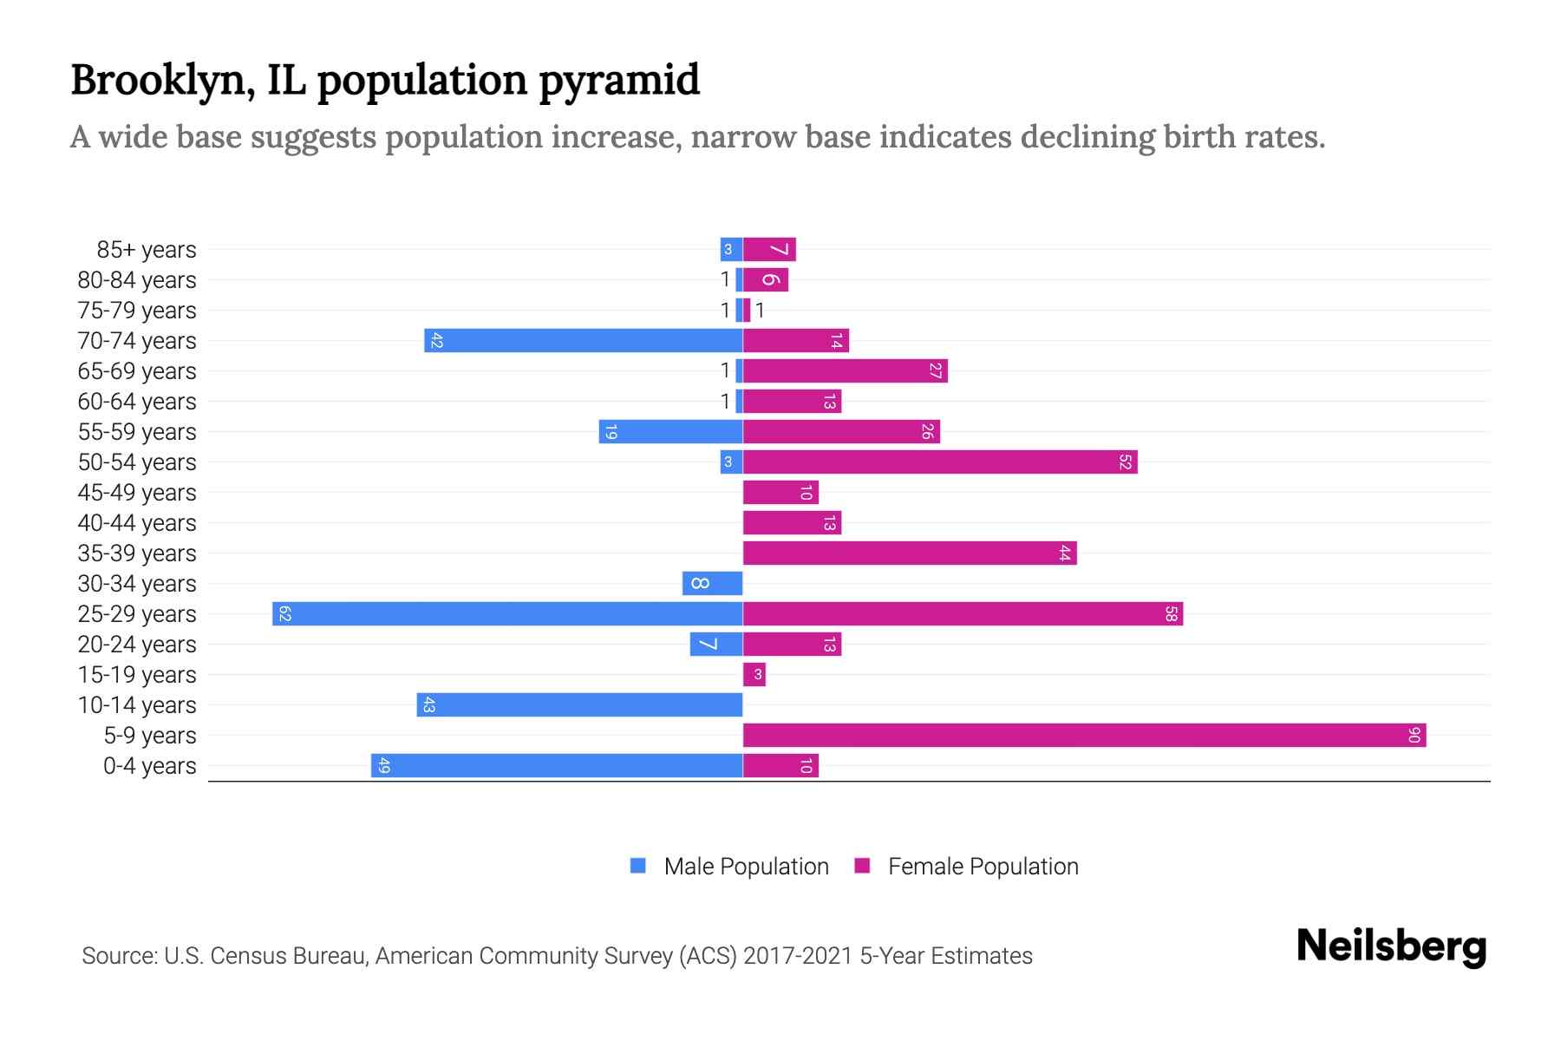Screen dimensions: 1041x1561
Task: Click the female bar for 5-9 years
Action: (1084, 736)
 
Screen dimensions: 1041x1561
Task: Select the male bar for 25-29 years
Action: (507, 614)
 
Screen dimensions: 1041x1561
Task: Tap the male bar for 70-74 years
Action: (583, 341)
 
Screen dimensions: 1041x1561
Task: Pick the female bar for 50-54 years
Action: (940, 462)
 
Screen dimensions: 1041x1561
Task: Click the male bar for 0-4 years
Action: (557, 766)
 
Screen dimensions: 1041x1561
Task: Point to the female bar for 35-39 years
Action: (910, 553)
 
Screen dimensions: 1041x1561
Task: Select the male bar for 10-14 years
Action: (579, 705)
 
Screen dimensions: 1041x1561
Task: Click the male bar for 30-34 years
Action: (712, 584)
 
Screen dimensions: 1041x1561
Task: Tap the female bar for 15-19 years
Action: (754, 675)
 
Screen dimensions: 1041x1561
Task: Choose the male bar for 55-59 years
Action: (670, 432)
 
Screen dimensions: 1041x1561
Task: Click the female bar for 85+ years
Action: (769, 250)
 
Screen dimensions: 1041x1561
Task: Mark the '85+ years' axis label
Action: (147, 250)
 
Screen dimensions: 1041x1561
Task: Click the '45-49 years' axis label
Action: (137, 493)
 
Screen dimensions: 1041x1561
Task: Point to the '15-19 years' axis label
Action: (137, 675)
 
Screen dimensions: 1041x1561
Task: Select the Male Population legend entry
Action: (729, 867)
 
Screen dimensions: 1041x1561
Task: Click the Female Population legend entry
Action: (966, 867)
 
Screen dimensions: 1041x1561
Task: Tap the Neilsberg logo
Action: (1391, 946)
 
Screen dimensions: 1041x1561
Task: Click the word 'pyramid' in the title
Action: (619, 81)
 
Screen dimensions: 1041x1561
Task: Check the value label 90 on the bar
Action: (1414, 736)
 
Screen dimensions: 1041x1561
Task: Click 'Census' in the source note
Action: (246, 956)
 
